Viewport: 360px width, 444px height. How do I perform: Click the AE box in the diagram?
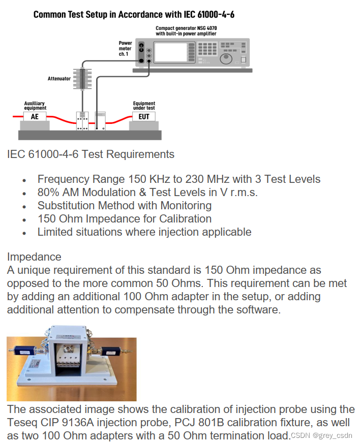click(35, 116)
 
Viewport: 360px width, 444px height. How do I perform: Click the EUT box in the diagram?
click(144, 116)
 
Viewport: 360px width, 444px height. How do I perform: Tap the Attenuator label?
click(59, 78)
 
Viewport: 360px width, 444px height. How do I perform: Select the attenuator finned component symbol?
click(82, 79)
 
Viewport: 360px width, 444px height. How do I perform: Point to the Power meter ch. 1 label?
click(125, 48)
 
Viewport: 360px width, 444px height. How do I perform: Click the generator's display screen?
click(171, 52)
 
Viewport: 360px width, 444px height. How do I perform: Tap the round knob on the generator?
click(226, 58)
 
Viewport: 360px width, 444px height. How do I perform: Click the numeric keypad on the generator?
click(207, 49)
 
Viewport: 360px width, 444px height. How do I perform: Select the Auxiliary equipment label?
click(35, 106)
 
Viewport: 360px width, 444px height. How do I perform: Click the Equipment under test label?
click(144, 106)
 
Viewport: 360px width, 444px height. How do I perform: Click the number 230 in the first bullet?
click(195, 179)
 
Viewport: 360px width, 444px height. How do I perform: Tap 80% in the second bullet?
click(48, 193)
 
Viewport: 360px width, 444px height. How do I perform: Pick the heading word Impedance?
click(34, 257)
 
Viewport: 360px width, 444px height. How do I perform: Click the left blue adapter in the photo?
click(25, 351)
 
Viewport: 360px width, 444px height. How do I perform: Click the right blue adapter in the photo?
click(112, 352)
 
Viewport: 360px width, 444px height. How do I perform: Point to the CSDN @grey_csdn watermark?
click(321, 435)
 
